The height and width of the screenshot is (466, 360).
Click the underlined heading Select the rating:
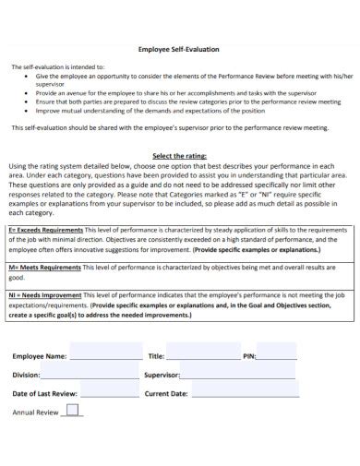[x=179, y=156]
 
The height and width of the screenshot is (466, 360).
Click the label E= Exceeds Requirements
[x=46, y=228]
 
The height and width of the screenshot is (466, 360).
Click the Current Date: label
[x=166, y=394]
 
